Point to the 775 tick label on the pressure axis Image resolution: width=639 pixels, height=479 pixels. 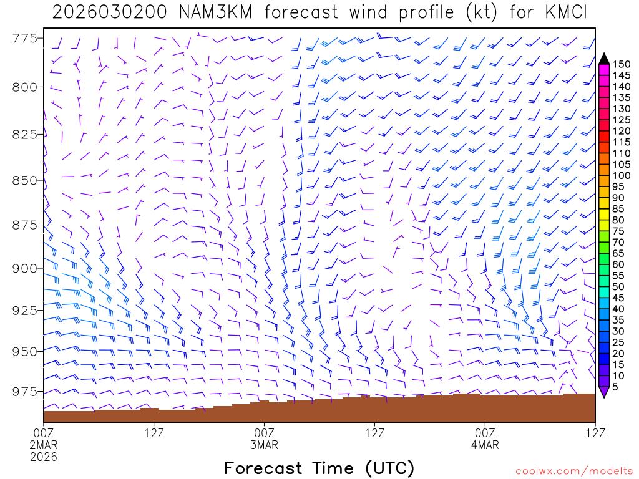click(24, 39)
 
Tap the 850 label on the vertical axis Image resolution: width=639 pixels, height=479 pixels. click(24, 180)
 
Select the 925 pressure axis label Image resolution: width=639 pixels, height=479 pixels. click(24, 310)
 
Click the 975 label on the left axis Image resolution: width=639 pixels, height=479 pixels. click(24, 392)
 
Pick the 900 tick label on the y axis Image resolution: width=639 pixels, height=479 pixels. click(24, 268)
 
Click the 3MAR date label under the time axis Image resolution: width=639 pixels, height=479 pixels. click(264, 445)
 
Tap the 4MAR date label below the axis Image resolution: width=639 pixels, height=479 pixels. click(485, 445)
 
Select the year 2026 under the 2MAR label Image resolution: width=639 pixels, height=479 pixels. click(44, 457)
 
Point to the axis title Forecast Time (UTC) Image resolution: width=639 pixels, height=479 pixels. click(319, 468)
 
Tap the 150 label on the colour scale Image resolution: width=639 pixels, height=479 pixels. click(622, 64)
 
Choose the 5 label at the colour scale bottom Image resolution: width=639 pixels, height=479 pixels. click(616, 387)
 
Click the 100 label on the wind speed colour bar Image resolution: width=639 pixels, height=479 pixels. click(622, 176)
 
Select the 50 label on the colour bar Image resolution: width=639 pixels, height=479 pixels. click(619, 287)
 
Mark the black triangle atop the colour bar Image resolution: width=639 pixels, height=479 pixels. click(604, 59)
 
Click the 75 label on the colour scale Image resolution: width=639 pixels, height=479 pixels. click(619, 231)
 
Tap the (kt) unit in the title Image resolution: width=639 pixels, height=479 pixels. click(478, 12)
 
